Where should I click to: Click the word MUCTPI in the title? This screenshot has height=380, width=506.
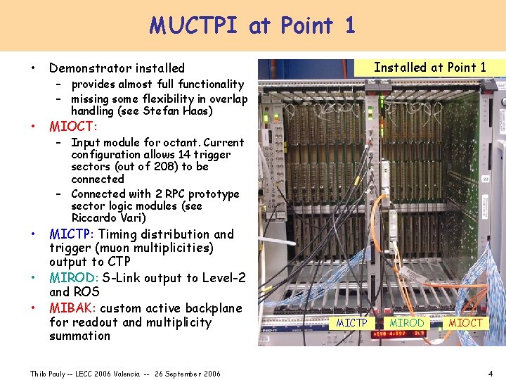[196, 26]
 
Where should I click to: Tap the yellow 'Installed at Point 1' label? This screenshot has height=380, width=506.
[429, 68]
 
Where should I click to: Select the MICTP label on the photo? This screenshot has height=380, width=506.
[351, 322]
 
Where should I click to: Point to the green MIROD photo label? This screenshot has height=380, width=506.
[407, 322]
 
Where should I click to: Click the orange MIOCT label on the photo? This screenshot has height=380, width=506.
[465, 322]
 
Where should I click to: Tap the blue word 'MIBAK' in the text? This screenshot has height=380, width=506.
[72, 308]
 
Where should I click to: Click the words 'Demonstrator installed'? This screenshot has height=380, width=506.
[117, 68]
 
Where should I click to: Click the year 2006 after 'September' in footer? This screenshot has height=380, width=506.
[209, 373]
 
